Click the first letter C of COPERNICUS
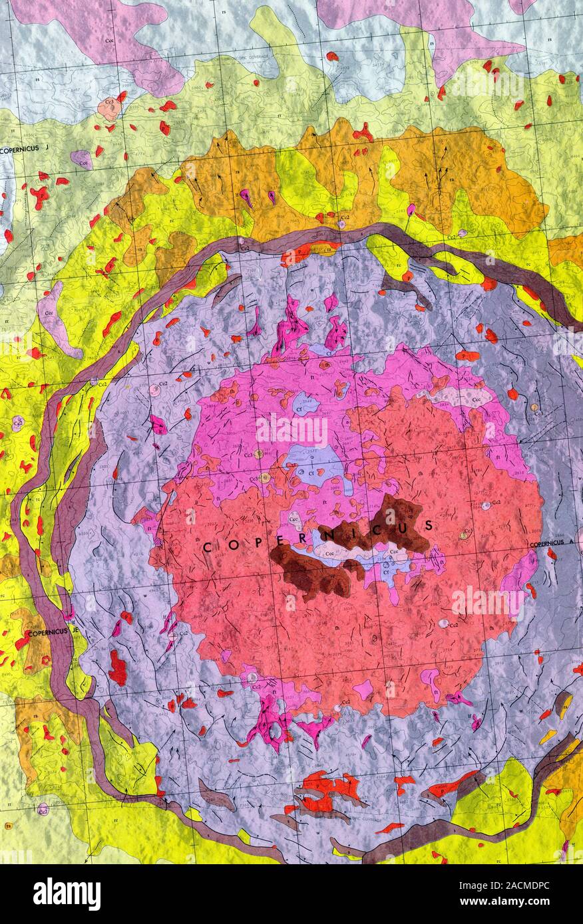[x=207, y=548]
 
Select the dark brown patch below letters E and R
[x=313, y=572]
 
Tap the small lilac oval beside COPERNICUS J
[x=81, y=160]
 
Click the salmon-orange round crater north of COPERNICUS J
[x=108, y=107]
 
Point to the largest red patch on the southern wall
[x=329, y=788]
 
